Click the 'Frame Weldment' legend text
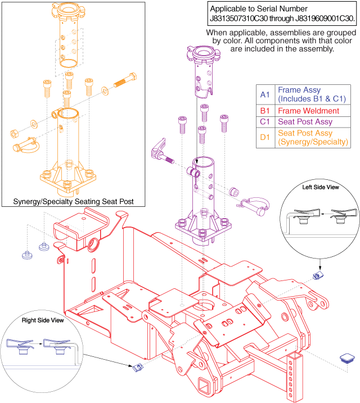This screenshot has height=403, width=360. (x=308, y=111)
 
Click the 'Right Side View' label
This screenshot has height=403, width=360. (x=42, y=321)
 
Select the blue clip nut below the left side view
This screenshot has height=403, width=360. (x=317, y=274)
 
